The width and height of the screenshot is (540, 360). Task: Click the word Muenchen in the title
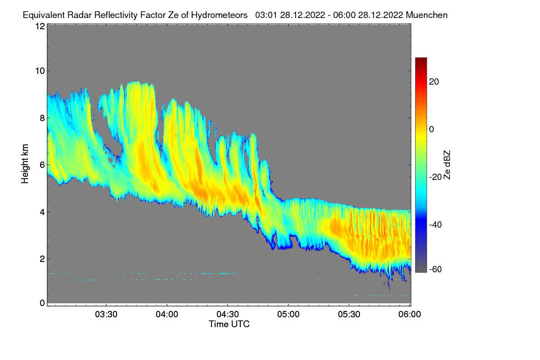[427, 15]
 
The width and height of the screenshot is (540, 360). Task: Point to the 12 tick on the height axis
[40, 26]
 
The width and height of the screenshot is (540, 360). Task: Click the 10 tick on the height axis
[40, 71]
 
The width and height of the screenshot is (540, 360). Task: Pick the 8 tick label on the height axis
[41, 118]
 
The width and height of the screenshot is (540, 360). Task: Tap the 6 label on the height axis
[41, 165]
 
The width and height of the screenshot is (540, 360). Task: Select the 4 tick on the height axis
[41, 212]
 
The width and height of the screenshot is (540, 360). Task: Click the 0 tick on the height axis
[41, 303]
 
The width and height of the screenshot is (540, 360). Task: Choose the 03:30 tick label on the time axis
[106, 314]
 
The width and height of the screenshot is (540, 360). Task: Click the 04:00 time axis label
[167, 314]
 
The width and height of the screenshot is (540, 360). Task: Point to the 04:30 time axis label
[228, 314]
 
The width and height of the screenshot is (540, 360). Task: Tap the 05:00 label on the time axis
[288, 314]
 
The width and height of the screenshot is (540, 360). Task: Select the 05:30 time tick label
[349, 314]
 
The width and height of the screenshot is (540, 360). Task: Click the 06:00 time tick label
[409, 314]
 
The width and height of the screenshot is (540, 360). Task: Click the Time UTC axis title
[229, 324]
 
